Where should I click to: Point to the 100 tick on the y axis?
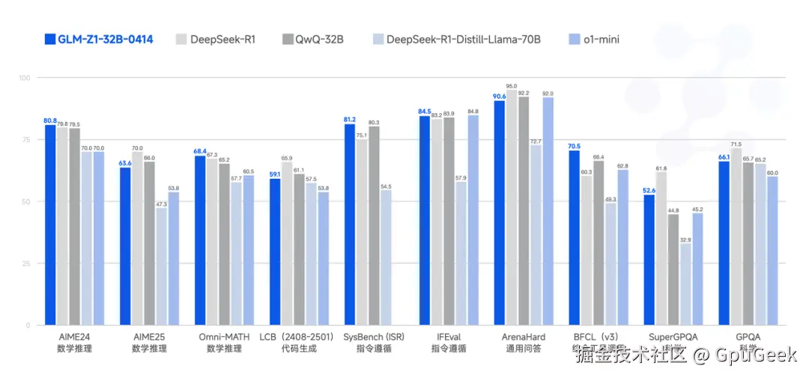pyautogui.click(x=23, y=78)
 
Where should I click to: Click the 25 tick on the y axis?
pyautogui.click(x=25, y=263)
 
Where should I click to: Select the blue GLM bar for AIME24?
pyautogui.click(x=50, y=225)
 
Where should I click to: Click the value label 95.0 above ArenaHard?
pyautogui.click(x=511, y=86)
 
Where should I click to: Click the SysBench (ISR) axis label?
pyautogui.click(x=374, y=338)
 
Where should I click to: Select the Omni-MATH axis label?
pyautogui.click(x=224, y=338)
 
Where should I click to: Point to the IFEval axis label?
pyautogui.click(x=449, y=338)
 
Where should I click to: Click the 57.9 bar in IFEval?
pyautogui.click(x=461, y=254)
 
